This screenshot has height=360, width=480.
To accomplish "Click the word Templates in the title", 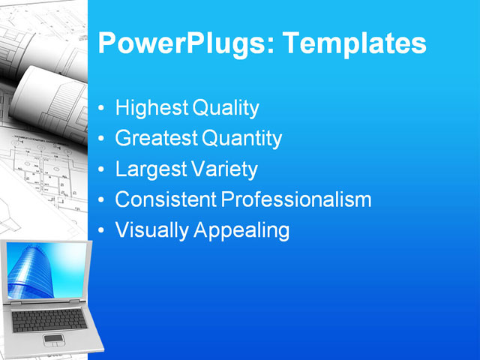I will (x=354, y=43).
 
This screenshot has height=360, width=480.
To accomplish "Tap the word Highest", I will (x=151, y=108).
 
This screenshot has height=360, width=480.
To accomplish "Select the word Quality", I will (x=226, y=108).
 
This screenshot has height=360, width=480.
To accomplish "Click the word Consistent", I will (x=165, y=199).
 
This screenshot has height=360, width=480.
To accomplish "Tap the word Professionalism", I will (x=297, y=199).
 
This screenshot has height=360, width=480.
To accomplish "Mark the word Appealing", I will (x=241, y=230).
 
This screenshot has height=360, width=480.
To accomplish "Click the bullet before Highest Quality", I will (x=102, y=109).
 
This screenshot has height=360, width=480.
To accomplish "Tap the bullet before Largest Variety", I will (x=102, y=170).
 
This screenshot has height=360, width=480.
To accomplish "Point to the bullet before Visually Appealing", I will (x=102, y=231).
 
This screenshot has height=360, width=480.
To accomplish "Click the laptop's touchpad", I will (x=54, y=339).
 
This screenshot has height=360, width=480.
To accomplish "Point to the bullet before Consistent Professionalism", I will (x=102, y=200).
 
